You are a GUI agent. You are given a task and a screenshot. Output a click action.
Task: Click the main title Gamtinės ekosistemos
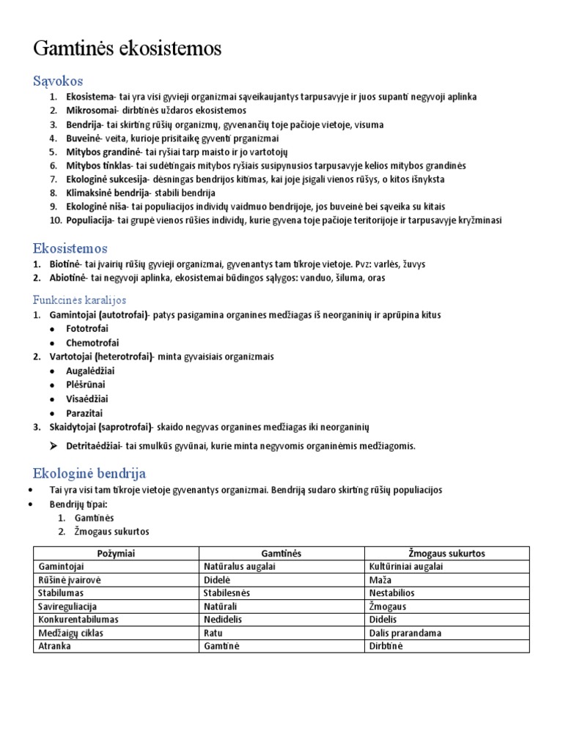(x=127, y=50)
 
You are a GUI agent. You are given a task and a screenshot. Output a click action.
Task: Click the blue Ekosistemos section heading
(x=70, y=249)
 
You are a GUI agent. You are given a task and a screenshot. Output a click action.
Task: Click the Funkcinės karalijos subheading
(x=80, y=300)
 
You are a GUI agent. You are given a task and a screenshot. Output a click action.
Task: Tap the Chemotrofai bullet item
(x=92, y=343)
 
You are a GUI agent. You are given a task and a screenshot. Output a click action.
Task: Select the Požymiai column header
(x=116, y=554)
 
